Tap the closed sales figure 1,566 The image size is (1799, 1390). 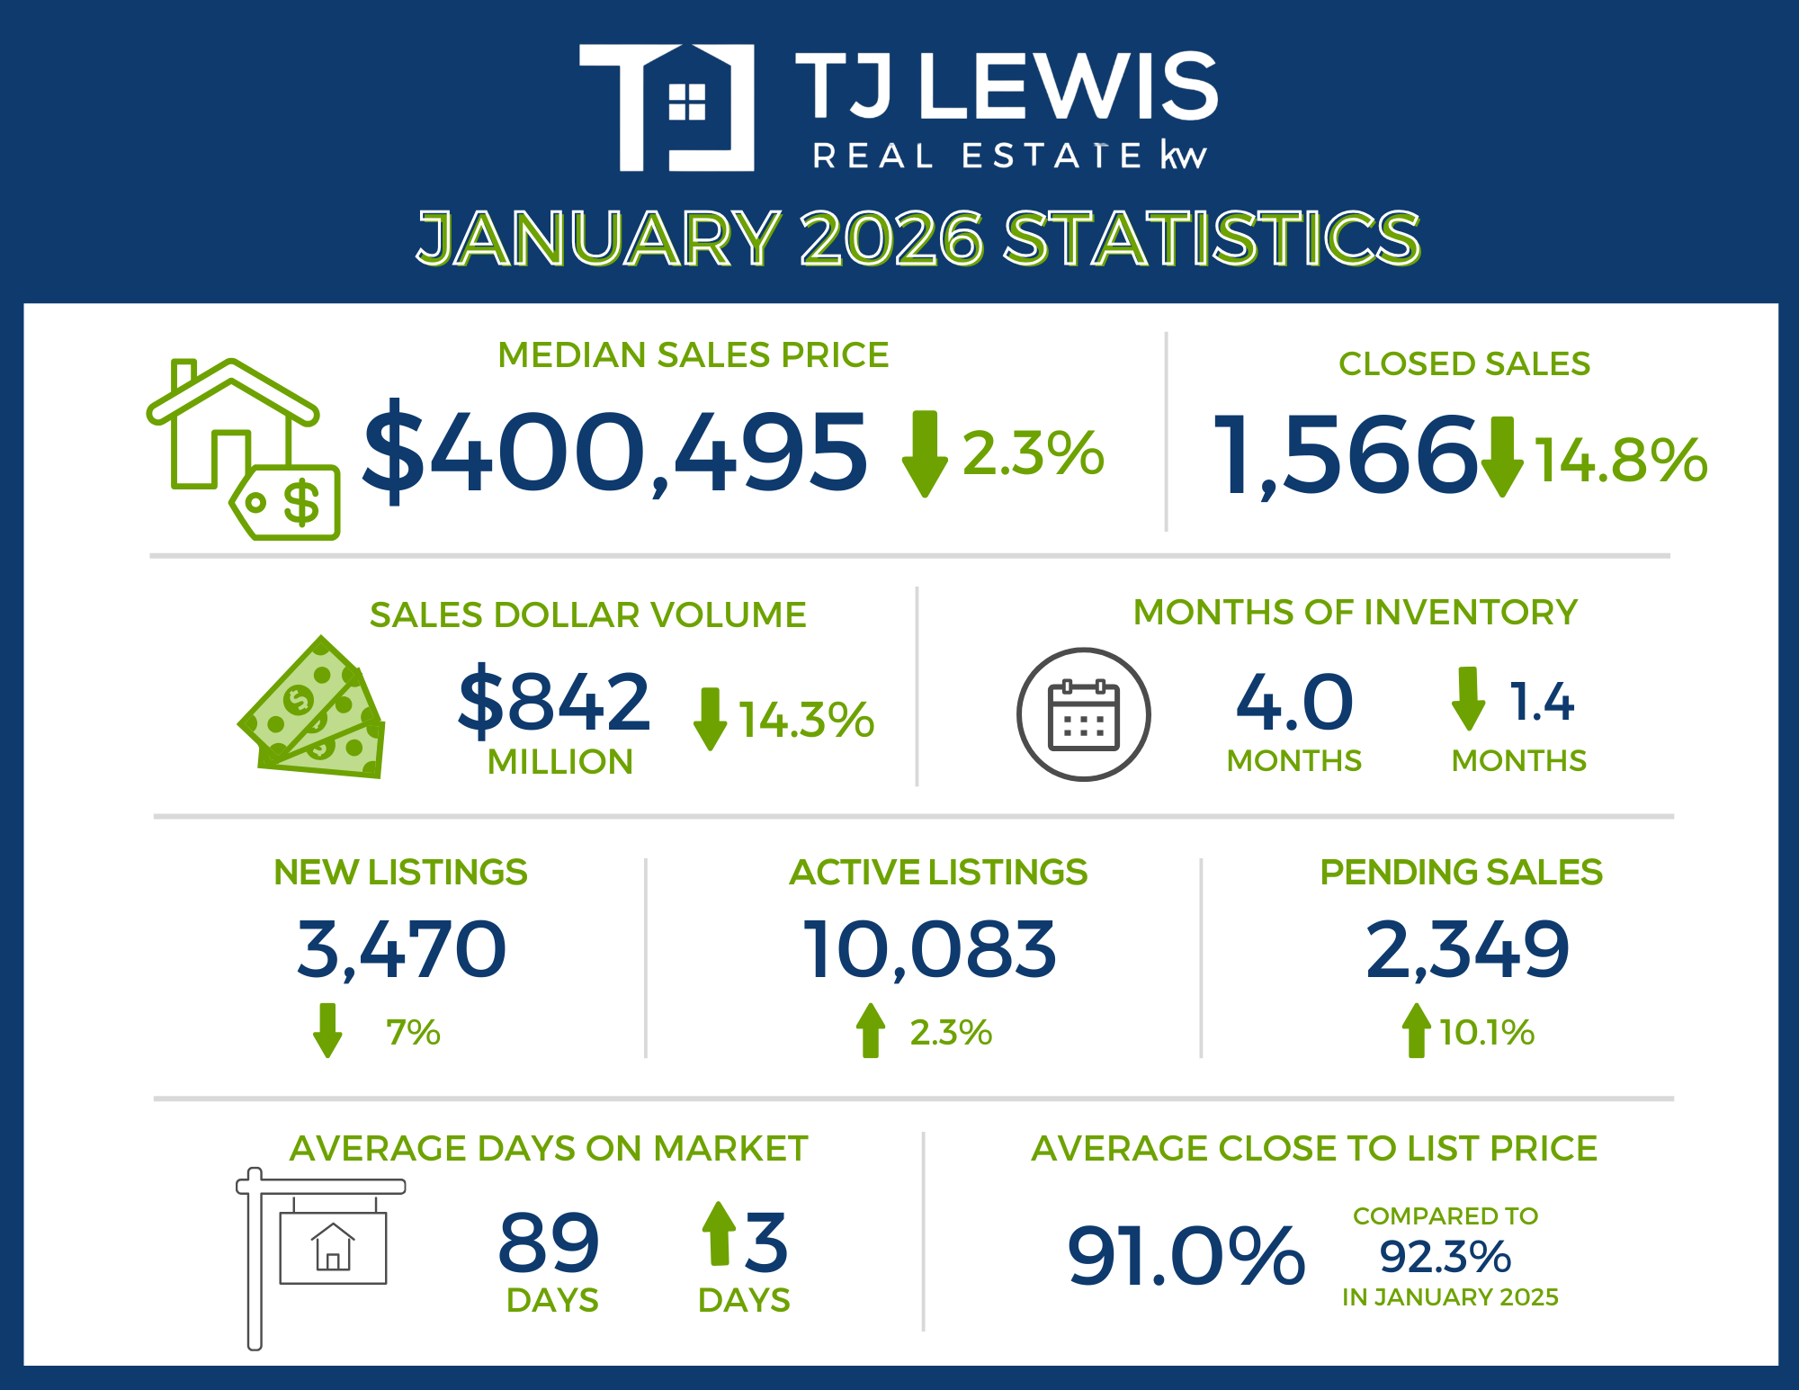[x=1345, y=455]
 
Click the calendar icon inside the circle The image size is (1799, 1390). [x=1084, y=715]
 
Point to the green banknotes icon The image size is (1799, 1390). [x=313, y=710]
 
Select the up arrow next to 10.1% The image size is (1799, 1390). [x=1416, y=1030]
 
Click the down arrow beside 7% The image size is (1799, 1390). [x=327, y=1030]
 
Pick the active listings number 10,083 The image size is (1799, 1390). [x=930, y=950]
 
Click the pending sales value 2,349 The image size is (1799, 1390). [x=1467, y=950]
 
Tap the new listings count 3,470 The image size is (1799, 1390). [x=401, y=950]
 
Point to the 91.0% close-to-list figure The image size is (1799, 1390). [x=1186, y=1256]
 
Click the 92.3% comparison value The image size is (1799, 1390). [x=1445, y=1257]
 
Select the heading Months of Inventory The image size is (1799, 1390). [x=1355, y=613]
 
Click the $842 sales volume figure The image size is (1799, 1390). [x=554, y=702]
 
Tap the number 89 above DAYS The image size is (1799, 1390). [x=549, y=1243]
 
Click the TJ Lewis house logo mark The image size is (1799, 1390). [x=667, y=107]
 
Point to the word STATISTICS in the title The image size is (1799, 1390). [x=1211, y=238]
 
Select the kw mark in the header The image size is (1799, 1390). [x=1183, y=156]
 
